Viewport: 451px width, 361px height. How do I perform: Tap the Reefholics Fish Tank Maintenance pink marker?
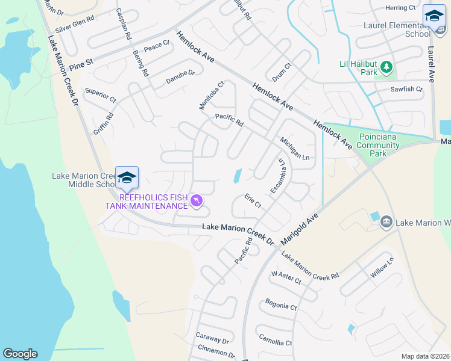pyautogui.click(x=196, y=201)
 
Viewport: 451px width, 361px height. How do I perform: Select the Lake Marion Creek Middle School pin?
pyautogui.click(x=127, y=177)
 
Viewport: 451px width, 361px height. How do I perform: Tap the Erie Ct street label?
pyautogui.click(x=253, y=201)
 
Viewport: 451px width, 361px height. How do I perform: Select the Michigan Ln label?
pyautogui.click(x=295, y=148)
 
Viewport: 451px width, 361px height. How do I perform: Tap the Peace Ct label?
pyautogui.click(x=157, y=46)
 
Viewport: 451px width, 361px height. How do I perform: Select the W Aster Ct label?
pyautogui.click(x=286, y=277)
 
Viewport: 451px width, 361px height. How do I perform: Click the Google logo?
pyautogui.click(x=20, y=354)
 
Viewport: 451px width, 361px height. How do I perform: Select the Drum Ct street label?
pyautogui.click(x=282, y=73)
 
